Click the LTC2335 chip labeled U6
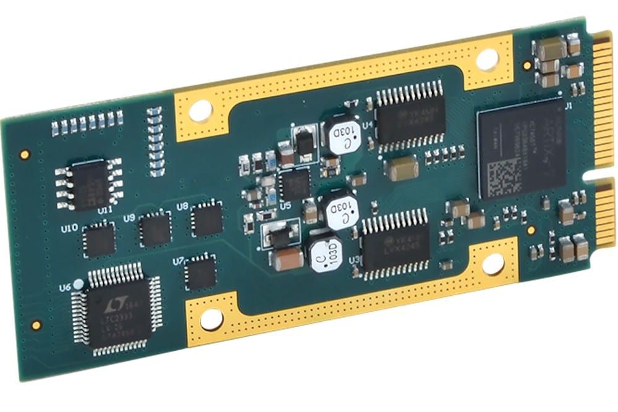[x=117, y=309]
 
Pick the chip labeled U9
[x=154, y=229]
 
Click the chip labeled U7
[x=201, y=272]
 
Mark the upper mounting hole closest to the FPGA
[x=486, y=57]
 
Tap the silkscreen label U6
[x=66, y=288]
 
